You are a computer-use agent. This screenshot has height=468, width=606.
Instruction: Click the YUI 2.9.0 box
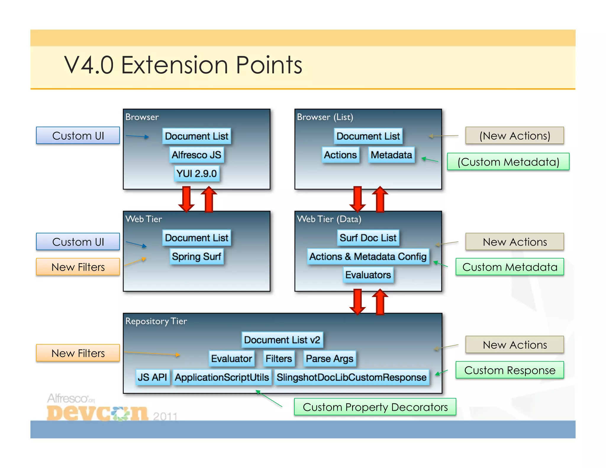pyautogui.click(x=196, y=174)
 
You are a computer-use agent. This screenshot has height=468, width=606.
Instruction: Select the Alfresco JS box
pyautogui.click(x=196, y=155)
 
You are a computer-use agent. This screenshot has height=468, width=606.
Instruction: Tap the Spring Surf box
pyautogui.click(x=196, y=256)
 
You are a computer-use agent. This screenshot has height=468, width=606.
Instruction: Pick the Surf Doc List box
pyautogui.click(x=368, y=238)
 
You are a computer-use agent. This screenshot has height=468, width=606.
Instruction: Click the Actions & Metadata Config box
pyautogui.click(x=368, y=256)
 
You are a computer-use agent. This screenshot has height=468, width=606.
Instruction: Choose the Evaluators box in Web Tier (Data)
pyautogui.click(x=368, y=275)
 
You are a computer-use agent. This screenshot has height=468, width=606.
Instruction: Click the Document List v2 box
pyautogui.click(x=282, y=340)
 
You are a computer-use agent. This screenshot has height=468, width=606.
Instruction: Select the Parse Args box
pyautogui.click(x=329, y=359)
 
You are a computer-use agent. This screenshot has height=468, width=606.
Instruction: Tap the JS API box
pyautogui.click(x=152, y=377)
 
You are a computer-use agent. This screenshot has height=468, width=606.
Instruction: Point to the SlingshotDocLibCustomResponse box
pyautogui.click(x=352, y=377)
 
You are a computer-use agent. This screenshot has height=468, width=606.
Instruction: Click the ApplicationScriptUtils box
pyautogui.click(x=222, y=377)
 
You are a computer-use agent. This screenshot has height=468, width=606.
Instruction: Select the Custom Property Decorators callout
pyautogui.click(x=375, y=407)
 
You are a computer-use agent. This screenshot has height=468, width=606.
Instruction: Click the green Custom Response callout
pyautogui.click(x=510, y=370)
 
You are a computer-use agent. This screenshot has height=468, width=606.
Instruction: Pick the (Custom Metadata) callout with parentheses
pyautogui.click(x=508, y=162)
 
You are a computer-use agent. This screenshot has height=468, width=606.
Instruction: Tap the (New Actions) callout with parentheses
pyautogui.click(x=515, y=136)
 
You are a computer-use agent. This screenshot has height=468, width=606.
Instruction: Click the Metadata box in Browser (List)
pyautogui.click(x=391, y=155)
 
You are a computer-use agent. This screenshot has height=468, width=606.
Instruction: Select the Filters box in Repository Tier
pyautogui.click(x=278, y=359)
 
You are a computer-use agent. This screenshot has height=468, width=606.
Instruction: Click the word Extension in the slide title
pyautogui.click(x=175, y=65)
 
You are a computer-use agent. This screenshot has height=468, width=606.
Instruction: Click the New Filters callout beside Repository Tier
pyautogui.click(x=78, y=353)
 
